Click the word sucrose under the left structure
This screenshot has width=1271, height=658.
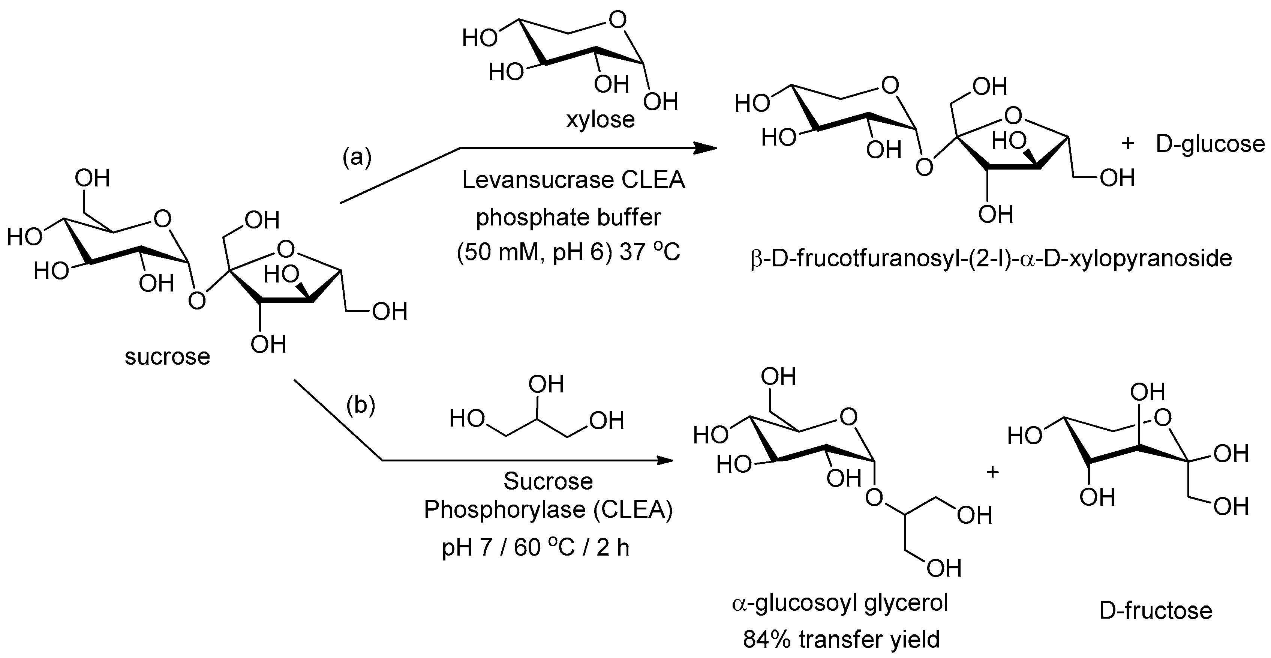[167, 356]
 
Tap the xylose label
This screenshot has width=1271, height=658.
[600, 119]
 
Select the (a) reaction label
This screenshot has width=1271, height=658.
[357, 158]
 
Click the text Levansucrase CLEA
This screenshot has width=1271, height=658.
[573, 180]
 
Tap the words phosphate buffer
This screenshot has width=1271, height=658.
[568, 217]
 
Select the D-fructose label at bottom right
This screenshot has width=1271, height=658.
[1156, 611]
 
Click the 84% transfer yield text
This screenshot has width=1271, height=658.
[841, 640]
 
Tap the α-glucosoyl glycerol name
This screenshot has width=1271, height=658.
[840, 604]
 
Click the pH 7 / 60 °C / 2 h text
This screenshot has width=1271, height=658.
[535, 547]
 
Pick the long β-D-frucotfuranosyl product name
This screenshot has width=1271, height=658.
[991, 258]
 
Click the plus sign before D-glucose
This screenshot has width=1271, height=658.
[1127, 144]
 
